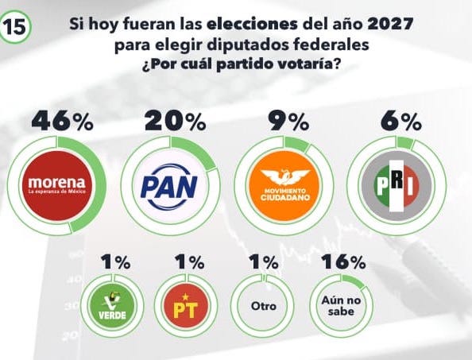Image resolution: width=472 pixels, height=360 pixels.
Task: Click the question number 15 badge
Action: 15,27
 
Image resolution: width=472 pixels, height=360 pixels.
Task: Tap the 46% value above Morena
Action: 62,121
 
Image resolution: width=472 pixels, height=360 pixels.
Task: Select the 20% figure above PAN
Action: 175,121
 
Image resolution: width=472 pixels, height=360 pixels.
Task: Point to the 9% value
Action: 289,121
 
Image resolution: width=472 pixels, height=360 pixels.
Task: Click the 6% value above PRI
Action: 400,121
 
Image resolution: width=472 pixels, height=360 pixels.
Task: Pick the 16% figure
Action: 343,261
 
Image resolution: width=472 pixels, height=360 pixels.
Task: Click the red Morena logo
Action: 57,186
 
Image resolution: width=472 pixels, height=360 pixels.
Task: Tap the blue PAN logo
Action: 169,187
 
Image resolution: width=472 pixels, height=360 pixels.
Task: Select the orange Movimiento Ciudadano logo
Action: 284,186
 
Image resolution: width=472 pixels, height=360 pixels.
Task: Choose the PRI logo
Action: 397,186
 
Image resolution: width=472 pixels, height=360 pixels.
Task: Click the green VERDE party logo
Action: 113,306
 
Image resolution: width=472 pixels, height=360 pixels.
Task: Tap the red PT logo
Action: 186,306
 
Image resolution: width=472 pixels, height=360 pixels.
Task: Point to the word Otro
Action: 264,306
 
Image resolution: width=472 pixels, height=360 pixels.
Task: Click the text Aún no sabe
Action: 341,305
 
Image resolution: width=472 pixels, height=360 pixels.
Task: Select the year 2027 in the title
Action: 390,24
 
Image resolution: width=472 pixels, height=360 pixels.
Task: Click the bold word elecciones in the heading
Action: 252,24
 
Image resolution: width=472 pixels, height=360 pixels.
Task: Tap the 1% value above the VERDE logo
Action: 115,261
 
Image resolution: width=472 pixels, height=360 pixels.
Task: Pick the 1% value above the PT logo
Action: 190,261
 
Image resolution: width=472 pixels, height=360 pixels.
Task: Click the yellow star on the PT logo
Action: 185,297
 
